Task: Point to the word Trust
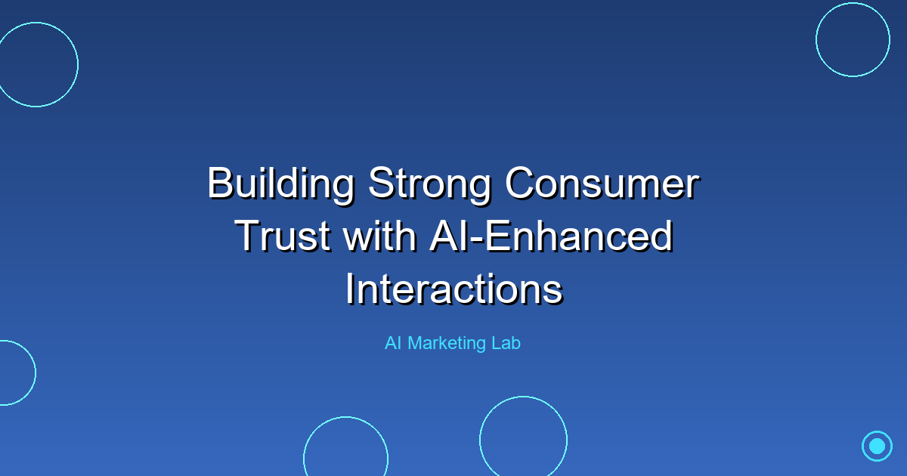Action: (283, 236)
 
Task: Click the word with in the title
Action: (380, 236)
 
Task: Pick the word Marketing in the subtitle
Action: (446, 343)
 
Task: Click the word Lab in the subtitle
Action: (504, 343)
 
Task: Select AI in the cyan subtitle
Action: (393, 343)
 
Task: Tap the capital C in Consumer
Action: (520, 184)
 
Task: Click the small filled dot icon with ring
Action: (877, 446)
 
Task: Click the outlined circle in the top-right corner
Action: (853, 39)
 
